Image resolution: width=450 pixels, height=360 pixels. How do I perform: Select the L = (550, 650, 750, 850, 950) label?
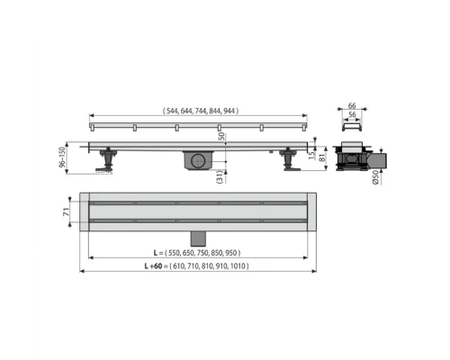[x=196, y=254]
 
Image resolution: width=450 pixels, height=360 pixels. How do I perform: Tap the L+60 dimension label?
[x=196, y=266]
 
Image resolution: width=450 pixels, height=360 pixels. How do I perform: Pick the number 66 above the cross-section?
[x=351, y=106]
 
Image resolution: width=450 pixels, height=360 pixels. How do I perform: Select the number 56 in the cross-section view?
[x=351, y=116]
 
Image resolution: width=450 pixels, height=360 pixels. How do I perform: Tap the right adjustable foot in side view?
[x=290, y=162]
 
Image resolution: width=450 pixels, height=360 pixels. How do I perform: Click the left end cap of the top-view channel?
[x=84, y=211]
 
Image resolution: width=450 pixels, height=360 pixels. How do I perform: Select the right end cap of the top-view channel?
[x=312, y=211]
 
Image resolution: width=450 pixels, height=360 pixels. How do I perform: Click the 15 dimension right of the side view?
[x=312, y=152]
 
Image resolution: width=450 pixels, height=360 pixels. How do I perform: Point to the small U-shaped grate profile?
[x=351, y=132]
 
